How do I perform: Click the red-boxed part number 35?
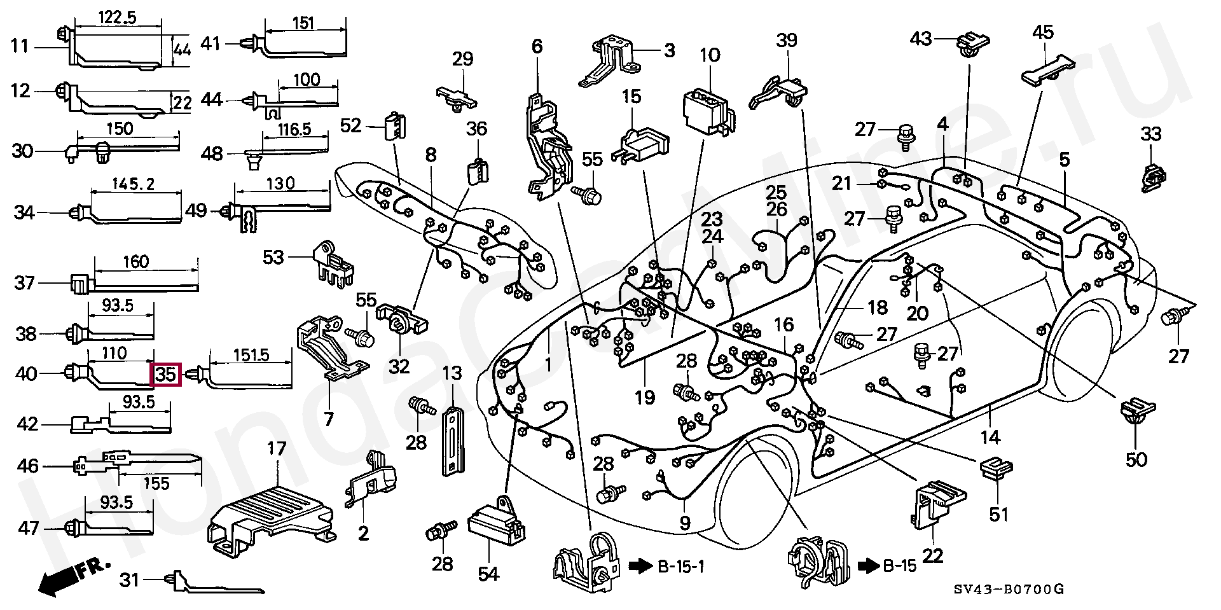tap(166, 375)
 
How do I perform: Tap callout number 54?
tap(488, 574)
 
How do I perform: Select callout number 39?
tap(787, 41)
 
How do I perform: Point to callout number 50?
tap(1136, 459)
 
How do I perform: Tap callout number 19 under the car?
tap(644, 398)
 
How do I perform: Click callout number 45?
tap(1043, 32)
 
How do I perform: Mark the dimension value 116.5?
tap(294, 130)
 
